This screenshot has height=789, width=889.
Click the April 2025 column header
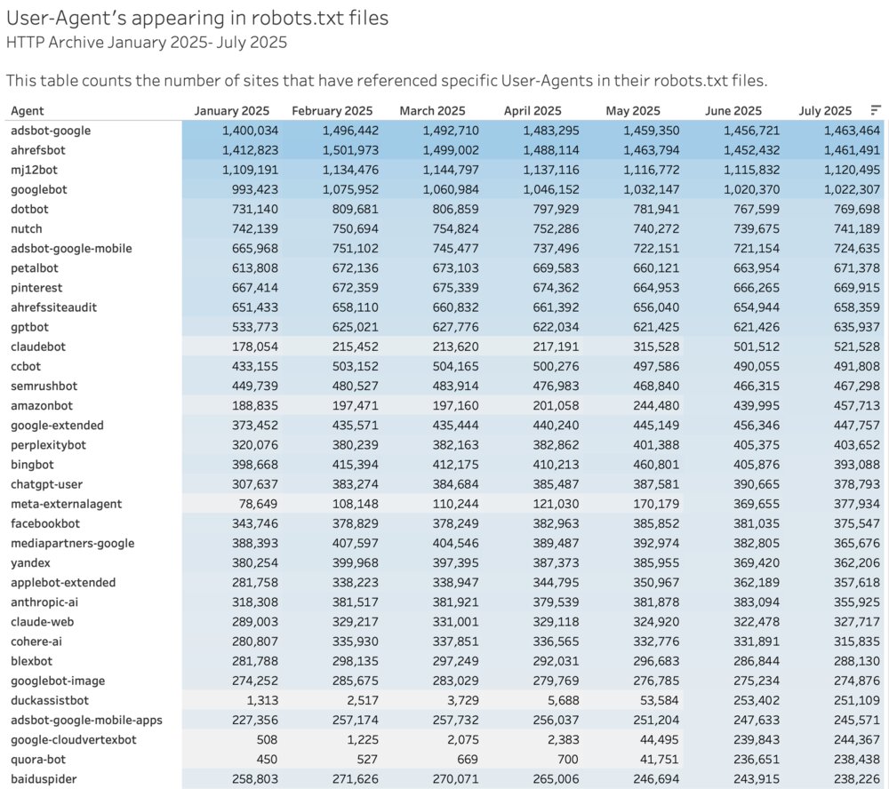point(533,111)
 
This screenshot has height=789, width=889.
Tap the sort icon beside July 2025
point(876,110)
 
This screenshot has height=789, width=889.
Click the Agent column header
point(28,111)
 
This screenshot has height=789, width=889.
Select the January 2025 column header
point(231,111)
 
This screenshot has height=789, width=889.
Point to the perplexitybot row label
point(49,444)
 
